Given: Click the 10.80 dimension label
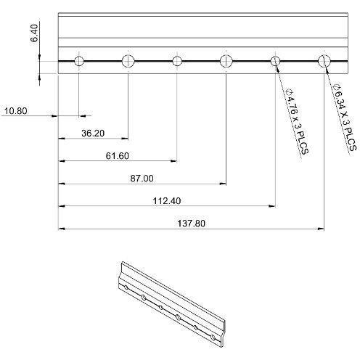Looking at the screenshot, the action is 16,111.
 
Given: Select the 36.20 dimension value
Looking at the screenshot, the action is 93,134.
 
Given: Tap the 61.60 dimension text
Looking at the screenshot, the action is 118,156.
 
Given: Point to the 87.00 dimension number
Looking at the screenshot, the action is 142,179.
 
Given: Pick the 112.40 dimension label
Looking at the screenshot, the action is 167,201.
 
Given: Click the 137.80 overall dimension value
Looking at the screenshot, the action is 192,223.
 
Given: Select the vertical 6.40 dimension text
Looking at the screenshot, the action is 34,33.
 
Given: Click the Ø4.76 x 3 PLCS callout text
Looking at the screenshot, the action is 298,122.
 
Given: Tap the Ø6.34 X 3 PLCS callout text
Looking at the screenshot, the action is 345,117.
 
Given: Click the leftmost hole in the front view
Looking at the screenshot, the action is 79,61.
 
